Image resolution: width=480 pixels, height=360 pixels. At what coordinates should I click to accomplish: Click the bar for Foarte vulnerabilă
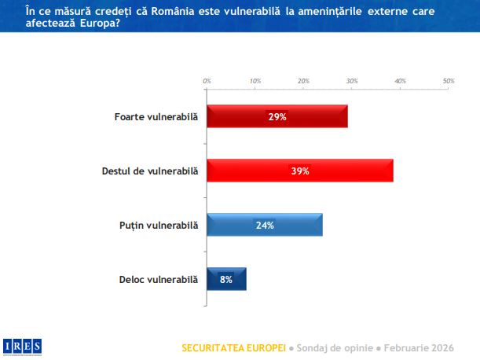[x=277, y=116]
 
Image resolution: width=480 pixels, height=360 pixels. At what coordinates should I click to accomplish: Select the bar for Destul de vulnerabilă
[x=299, y=171]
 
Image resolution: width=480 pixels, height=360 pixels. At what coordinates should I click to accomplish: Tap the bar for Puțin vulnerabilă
[x=264, y=225]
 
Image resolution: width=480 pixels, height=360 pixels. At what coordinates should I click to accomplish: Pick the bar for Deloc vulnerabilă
[x=226, y=279]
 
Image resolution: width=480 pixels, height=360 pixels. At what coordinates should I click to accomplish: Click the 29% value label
[x=277, y=116]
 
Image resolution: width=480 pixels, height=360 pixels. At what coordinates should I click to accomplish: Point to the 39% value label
[x=299, y=171]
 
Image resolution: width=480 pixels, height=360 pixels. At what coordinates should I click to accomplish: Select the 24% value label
[x=264, y=225]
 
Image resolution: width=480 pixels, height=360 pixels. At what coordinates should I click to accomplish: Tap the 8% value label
[x=226, y=279]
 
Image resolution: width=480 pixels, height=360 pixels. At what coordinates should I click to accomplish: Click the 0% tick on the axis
[x=207, y=80]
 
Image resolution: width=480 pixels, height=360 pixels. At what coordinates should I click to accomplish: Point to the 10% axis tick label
[x=255, y=80]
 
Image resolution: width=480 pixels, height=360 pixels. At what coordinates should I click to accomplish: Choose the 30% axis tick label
[x=352, y=80]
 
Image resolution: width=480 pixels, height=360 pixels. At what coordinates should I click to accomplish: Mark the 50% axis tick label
[x=449, y=80]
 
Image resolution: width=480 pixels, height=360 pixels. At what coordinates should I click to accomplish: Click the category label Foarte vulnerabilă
[x=156, y=117]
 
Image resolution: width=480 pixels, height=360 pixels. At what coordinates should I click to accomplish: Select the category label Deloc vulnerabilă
[x=158, y=279]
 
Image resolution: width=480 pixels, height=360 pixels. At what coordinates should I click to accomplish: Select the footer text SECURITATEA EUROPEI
[x=233, y=347]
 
